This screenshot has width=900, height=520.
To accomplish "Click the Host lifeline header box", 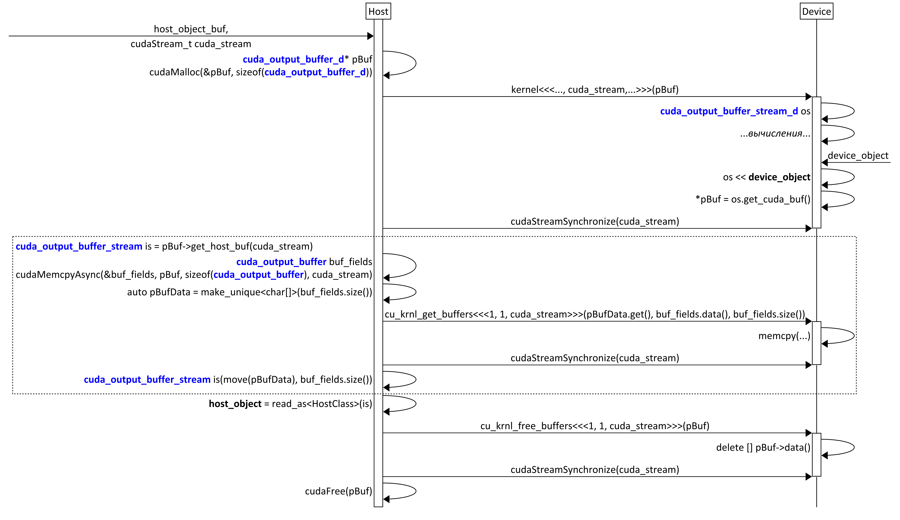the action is pos(378,11).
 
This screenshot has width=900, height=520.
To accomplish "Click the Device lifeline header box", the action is pos(816,11).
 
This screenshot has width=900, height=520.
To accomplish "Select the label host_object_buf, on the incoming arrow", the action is pos(191,29).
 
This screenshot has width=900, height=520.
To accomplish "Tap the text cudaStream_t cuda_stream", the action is pos(191,44).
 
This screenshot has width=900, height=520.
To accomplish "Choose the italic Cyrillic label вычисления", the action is pos(775,134).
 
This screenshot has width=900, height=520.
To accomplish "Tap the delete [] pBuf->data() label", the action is pos(763,448).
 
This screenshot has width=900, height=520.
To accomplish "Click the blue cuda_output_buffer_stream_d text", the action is pos(729,111).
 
